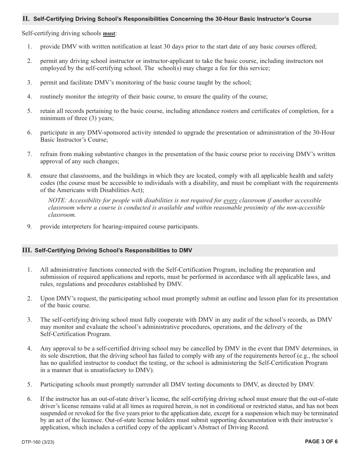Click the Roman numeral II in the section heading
coord(26,19)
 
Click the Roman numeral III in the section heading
coord(27,250)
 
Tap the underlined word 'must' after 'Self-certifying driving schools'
coord(109,34)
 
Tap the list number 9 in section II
coord(29,227)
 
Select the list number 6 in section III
coord(29,399)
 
